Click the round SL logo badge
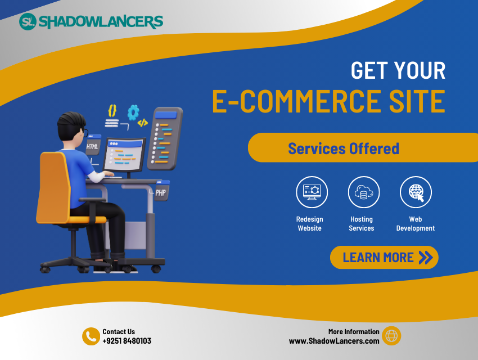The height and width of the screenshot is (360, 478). pos(28,21)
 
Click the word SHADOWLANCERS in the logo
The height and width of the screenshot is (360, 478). pos(101,22)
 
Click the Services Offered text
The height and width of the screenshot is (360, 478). pos(344,148)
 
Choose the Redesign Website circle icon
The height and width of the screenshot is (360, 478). pos(312,192)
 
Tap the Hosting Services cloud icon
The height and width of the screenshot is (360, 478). pos(364,192)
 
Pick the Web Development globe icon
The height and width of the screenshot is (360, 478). pos(416,192)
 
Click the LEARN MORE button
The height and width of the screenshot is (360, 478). pos(384,257)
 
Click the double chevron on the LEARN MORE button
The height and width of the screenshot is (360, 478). pos(426,258)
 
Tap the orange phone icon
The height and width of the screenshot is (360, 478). pos(91,336)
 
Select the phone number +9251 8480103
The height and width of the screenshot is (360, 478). pos(127,341)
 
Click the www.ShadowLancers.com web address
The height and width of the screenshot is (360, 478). pos(334,341)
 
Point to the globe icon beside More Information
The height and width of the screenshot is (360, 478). pos(391,336)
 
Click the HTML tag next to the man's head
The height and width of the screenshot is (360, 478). pos(92,145)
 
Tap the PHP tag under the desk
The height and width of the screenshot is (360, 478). pos(161,191)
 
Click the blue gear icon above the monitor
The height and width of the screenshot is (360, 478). pos(133,112)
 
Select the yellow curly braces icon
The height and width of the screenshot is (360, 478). pos(112,111)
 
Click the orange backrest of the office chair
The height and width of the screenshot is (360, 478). pos(54,187)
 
